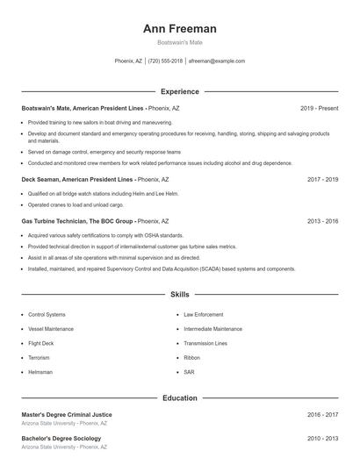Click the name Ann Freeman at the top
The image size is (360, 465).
pyautogui.click(x=179, y=29)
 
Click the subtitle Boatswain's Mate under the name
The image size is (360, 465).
pyautogui.click(x=179, y=42)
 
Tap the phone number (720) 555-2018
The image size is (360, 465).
pyautogui.click(x=165, y=61)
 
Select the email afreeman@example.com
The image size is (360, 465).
pyautogui.click(x=217, y=61)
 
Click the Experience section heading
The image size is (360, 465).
pyautogui.click(x=179, y=91)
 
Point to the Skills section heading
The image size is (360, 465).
pyautogui.click(x=179, y=295)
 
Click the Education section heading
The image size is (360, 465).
pyautogui.click(x=179, y=397)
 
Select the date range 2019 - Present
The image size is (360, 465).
pyautogui.click(x=319, y=108)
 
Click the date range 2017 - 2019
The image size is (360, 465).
pyautogui.click(x=322, y=179)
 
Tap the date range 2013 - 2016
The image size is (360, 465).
pyautogui.click(x=322, y=221)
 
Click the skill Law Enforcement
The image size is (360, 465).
pyautogui.click(x=203, y=314)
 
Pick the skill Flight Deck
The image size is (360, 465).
pyautogui.click(x=41, y=343)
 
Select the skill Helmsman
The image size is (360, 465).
pyautogui.click(x=40, y=372)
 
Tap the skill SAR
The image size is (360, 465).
pyautogui.click(x=189, y=372)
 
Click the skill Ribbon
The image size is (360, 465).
pyautogui.click(x=191, y=358)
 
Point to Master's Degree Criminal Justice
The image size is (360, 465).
pyautogui.click(x=67, y=414)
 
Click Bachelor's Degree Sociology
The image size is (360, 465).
pyautogui.click(x=61, y=438)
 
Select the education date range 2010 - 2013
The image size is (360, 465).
pyautogui.click(x=322, y=438)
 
